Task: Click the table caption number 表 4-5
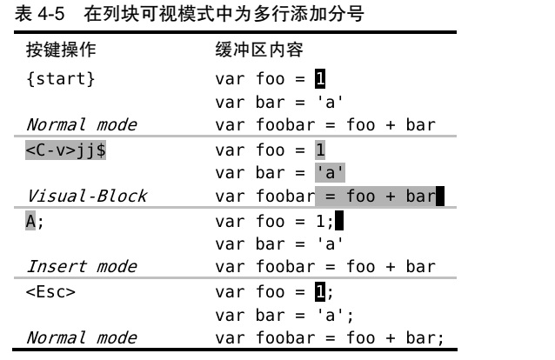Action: pyautogui.click(x=39, y=12)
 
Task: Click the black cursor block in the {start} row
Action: pyautogui.click(x=320, y=80)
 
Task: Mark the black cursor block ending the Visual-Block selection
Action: pyautogui.click(x=440, y=197)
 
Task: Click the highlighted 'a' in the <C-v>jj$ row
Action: pyautogui.click(x=331, y=173)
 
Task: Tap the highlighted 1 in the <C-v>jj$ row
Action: pyautogui.click(x=320, y=150)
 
